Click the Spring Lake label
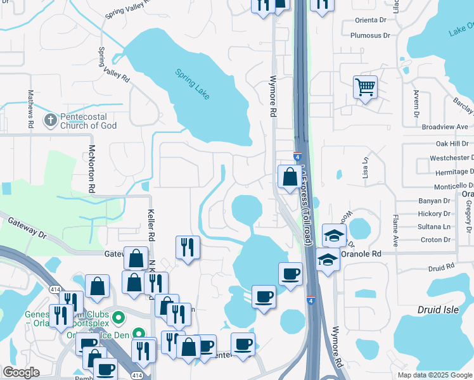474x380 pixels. [193, 84]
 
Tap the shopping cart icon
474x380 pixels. [365, 87]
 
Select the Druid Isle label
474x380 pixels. [439, 310]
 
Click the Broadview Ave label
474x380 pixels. [445, 127]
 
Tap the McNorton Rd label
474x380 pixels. [93, 168]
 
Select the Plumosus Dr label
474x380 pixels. [369, 36]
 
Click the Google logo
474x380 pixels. [22, 372]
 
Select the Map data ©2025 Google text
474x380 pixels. [434, 375]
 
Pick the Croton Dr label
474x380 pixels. [435, 239]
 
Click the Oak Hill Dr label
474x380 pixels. [452, 144]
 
